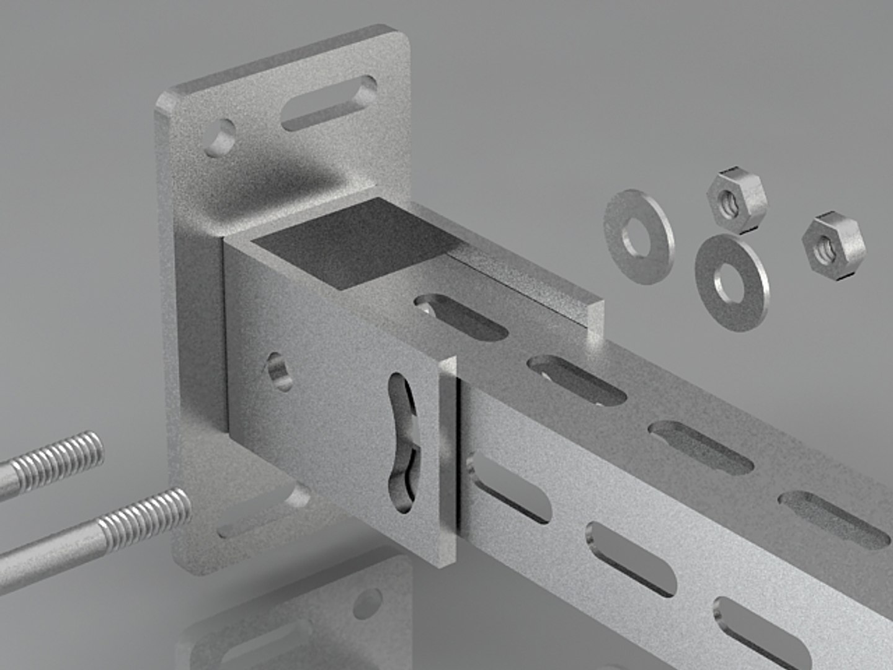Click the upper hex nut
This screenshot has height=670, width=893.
[x=736, y=199]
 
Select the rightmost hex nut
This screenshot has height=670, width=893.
[x=833, y=247]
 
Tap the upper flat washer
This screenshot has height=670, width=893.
[x=638, y=236]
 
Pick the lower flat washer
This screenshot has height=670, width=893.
[x=732, y=282]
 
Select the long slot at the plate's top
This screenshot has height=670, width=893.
[x=329, y=103]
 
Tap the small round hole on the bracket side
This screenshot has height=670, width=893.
[x=280, y=371]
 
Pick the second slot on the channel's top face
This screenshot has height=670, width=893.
[x=577, y=380]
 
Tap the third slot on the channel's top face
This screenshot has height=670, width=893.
[x=701, y=447]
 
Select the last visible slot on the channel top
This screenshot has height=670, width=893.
[x=834, y=520]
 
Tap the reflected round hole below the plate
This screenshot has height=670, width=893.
[x=367, y=604]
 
